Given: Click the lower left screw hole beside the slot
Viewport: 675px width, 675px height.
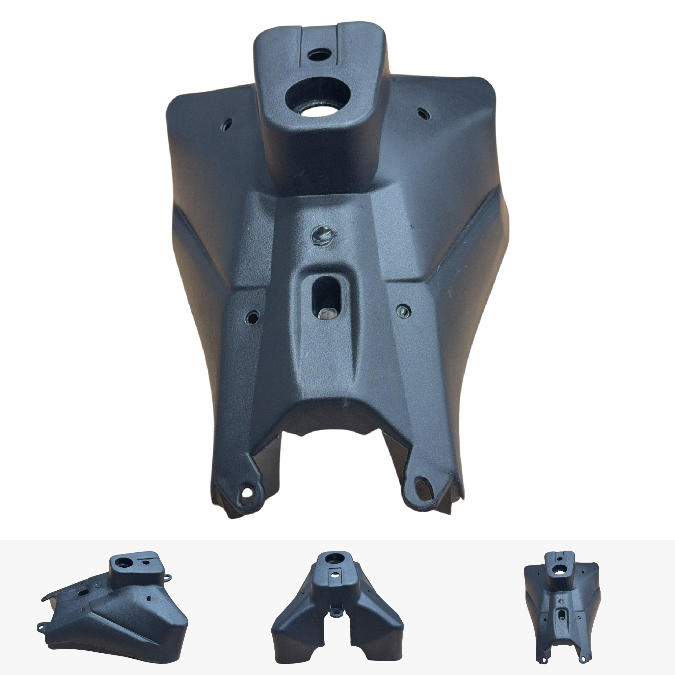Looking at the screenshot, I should click(252, 317).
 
